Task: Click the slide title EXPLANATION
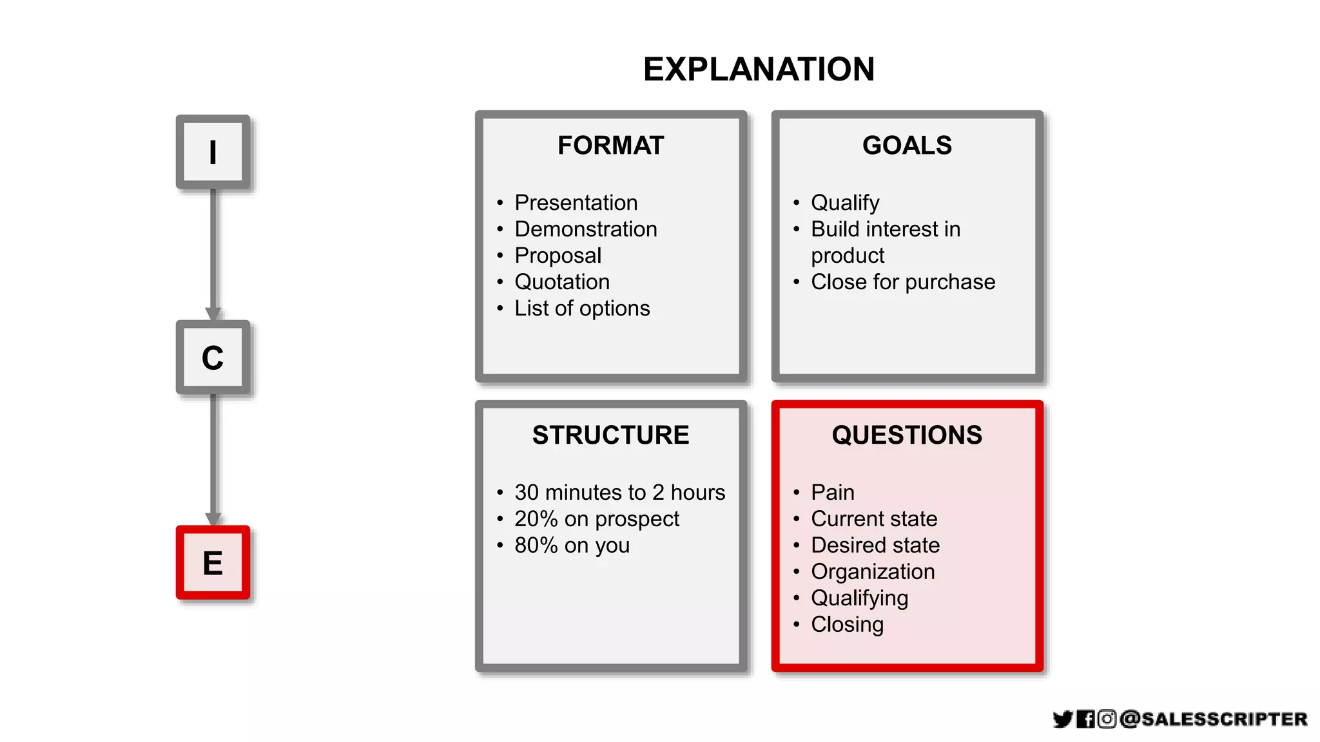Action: click(x=759, y=70)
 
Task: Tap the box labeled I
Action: click(x=213, y=153)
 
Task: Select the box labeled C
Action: click(x=213, y=357)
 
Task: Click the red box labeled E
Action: click(x=213, y=563)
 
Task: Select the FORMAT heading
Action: click(x=610, y=146)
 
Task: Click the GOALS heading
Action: click(x=907, y=146)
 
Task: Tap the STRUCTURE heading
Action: click(x=610, y=435)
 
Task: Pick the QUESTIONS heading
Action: click(x=907, y=435)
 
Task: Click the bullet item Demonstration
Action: click(x=585, y=229)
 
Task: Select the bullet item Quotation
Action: click(x=562, y=282)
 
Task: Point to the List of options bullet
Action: click(x=582, y=309)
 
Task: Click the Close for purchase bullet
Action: click(x=902, y=282)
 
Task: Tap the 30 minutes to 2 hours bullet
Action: click(x=619, y=493)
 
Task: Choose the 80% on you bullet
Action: click(x=572, y=546)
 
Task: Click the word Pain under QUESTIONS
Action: click(x=832, y=493)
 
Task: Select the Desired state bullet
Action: click(x=875, y=546)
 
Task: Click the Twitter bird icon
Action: click(x=1062, y=719)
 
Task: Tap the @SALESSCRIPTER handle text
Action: click(x=1213, y=719)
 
